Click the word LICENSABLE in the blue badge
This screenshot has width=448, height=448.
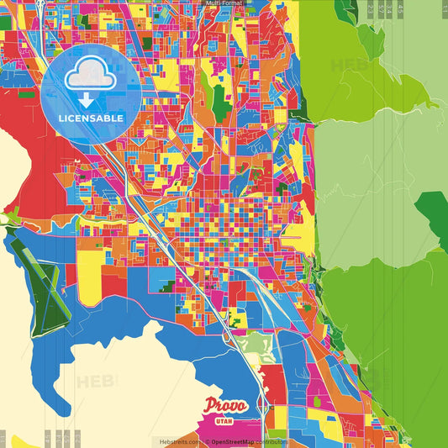pyautogui.click(x=91, y=118)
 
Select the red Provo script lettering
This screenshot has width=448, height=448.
pyautogui.click(x=225, y=406)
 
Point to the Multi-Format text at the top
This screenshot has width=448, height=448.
pyautogui.click(x=224, y=4)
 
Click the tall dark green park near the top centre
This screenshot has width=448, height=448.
pyautogui.click(x=220, y=103)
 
